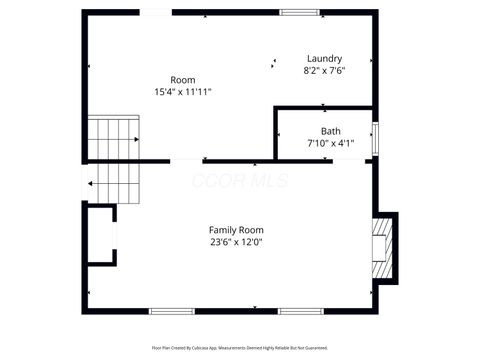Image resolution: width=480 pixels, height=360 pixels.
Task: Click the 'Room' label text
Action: click(x=182, y=80)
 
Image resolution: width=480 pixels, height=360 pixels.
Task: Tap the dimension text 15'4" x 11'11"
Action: click(x=182, y=91)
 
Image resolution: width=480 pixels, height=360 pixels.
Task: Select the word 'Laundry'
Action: click(x=324, y=59)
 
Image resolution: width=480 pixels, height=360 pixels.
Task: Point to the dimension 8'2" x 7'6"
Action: click(x=324, y=71)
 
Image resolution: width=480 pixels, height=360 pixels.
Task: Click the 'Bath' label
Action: click(x=330, y=132)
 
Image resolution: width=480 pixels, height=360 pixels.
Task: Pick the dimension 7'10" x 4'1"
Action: click(x=330, y=144)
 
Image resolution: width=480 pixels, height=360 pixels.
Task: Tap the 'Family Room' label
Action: click(x=236, y=229)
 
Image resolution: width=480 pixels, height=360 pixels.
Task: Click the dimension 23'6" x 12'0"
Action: click(x=236, y=241)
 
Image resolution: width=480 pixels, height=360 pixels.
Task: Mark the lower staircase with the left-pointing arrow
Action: click(x=110, y=183)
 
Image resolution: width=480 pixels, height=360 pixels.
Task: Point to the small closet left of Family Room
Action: click(x=99, y=234)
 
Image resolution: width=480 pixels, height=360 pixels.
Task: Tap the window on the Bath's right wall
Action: click(x=375, y=138)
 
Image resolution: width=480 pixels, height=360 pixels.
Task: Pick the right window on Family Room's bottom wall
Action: click(x=297, y=310)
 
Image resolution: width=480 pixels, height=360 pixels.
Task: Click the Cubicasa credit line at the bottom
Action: click(x=239, y=348)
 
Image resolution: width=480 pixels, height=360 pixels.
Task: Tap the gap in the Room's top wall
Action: click(x=155, y=12)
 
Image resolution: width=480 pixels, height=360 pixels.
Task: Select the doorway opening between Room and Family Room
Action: click(x=187, y=161)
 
